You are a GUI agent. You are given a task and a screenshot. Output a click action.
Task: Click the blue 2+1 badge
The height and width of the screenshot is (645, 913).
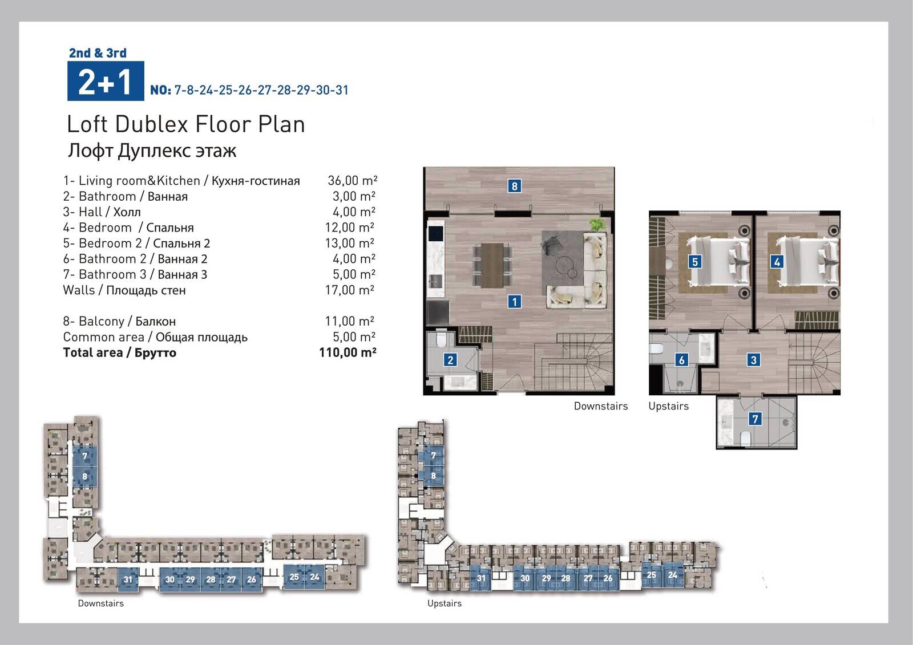click(x=106, y=80)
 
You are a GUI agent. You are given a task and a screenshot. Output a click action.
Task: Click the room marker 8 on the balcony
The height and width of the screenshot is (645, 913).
click(x=514, y=186)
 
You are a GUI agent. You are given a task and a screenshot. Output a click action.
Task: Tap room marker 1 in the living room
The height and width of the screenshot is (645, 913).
click(x=514, y=302)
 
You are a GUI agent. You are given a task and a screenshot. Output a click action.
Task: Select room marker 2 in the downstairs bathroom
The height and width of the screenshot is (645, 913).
click(x=450, y=360)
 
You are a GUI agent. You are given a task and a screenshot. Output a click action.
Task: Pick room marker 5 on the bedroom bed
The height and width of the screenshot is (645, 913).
click(x=695, y=262)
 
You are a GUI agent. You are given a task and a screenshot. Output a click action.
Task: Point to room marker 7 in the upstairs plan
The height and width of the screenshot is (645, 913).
click(x=756, y=419)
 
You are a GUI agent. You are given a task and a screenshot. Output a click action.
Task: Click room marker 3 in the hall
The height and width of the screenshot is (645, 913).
click(x=753, y=360)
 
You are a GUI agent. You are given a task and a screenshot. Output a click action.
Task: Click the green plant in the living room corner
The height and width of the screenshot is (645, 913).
click(x=597, y=225)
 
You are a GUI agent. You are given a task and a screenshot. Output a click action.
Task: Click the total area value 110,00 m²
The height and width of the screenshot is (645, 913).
click(x=348, y=352)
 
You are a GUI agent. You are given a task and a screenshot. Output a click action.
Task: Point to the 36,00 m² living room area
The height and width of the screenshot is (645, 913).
click(x=353, y=181)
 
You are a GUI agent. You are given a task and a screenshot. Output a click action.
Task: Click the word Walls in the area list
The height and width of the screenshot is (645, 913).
click(x=79, y=290)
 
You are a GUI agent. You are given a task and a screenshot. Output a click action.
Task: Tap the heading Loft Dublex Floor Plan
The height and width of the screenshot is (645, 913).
click(x=186, y=124)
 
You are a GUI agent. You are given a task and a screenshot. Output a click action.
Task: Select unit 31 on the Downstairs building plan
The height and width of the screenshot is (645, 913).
click(x=128, y=579)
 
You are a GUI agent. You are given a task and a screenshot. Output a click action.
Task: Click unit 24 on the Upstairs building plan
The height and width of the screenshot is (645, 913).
click(x=673, y=575)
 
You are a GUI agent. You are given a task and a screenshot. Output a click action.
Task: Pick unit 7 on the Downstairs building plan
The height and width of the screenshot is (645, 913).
click(x=85, y=456)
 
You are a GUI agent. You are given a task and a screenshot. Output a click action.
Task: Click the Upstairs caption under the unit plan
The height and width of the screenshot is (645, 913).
click(x=668, y=406)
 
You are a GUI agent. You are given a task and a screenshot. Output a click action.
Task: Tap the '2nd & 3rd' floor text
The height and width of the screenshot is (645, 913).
click(x=98, y=53)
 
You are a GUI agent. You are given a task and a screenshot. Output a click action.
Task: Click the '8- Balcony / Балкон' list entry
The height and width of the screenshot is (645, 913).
click(x=119, y=322)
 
